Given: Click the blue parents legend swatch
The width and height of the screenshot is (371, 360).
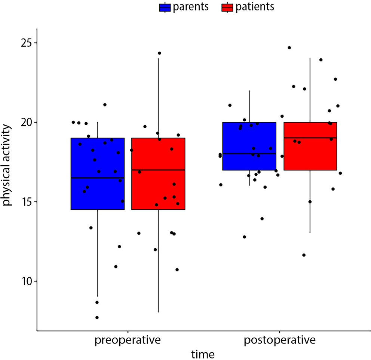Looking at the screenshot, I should point(165,7).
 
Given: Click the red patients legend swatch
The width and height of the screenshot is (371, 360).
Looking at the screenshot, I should point(227,7).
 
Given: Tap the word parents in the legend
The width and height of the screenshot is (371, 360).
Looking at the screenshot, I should point(191,7).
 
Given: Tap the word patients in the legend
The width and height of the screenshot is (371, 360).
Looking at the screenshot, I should point(254,7).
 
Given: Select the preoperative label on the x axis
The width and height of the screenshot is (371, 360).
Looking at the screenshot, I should point(128,341).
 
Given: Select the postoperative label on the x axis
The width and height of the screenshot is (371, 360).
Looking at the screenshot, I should point(279,341).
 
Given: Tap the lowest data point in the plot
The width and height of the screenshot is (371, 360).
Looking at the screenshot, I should point(97,317).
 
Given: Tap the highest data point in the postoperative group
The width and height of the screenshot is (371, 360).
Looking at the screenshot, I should point(289,47).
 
